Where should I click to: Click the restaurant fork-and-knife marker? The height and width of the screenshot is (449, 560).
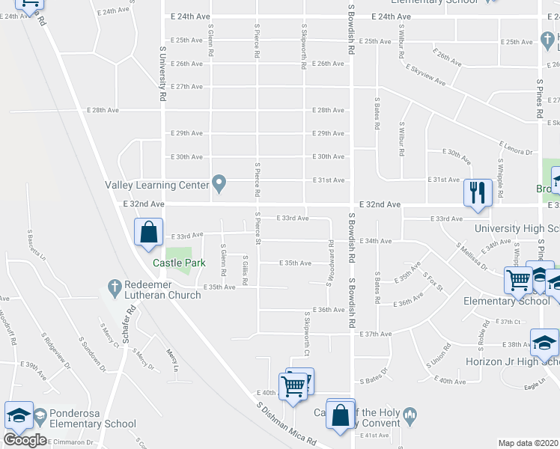tap(478, 193)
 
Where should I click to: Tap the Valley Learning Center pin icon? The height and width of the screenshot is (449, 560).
tap(219, 183)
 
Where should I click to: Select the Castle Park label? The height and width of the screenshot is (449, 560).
tap(179, 263)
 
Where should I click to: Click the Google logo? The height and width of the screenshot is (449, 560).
tap(25, 440)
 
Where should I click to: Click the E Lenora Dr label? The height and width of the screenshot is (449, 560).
tap(514, 146)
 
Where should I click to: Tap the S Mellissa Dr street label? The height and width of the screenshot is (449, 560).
tap(473, 257)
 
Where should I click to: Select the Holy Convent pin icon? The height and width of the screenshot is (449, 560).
tap(409, 413)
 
